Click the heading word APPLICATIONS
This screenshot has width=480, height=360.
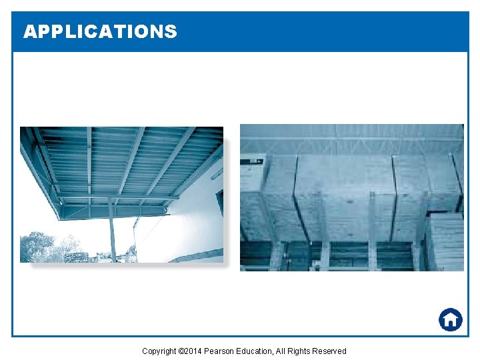coord(100,31)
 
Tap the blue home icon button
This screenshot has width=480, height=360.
coord(451,319)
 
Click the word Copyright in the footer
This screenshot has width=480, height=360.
coord(159,351)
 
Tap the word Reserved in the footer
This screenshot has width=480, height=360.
coord(332,351)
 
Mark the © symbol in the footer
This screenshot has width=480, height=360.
coord(181,351)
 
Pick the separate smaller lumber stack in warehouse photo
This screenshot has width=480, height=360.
coord(444,240)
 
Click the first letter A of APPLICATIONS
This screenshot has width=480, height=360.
coord(29,31)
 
